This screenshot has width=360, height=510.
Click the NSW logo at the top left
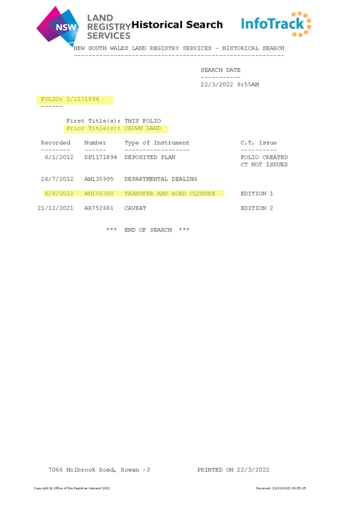tap(58, 25)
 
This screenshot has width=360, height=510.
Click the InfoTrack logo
tap(276, 24)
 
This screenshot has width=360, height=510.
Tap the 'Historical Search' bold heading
tap(177, 25)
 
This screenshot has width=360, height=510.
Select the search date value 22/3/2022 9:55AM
tap(230, 85)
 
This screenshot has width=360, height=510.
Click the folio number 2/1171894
tap(82, 99)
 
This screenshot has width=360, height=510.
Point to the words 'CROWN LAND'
tap(142, 128)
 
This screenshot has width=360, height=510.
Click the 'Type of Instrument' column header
tap(157, 143)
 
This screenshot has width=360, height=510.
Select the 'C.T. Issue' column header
tap(258, 143)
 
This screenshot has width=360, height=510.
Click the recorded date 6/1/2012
tap(59, 158)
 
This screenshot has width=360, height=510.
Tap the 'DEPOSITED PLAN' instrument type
tap(150, 158)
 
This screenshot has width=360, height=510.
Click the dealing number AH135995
tap(99, 179)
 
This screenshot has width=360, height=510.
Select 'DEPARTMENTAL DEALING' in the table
tap(161, 179)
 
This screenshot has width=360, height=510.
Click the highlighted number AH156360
tap(99, 194)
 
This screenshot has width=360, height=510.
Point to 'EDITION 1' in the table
tap(257, 194)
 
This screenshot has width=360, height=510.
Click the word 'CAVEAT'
tap(135, 208)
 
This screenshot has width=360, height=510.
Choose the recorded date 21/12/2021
tap(55, 208)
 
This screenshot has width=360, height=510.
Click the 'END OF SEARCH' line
tap(148, 230)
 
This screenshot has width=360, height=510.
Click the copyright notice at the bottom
tap(72, 488)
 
